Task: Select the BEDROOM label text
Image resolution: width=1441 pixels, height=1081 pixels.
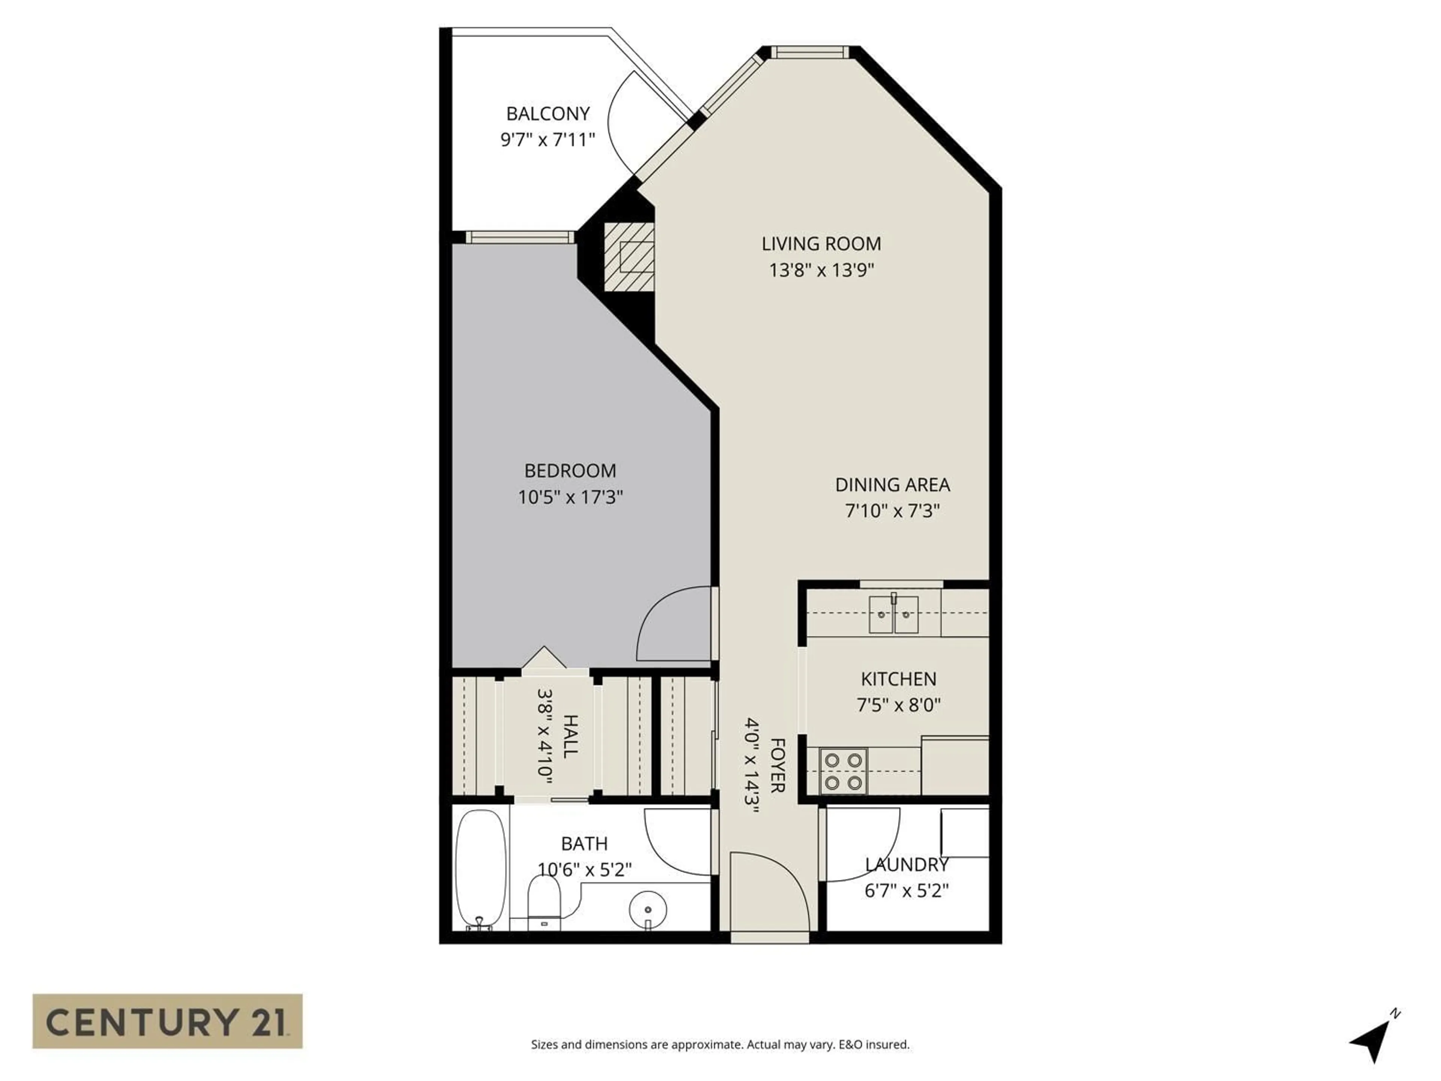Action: click(570, 470)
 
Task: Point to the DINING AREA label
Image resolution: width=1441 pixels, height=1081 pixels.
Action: click(892, 485)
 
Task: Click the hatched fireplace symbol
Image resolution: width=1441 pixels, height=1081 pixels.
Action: click(629, 257)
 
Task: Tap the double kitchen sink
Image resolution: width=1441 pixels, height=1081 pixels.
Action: click(893, 614)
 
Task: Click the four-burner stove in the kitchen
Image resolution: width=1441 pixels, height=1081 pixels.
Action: click(844, 771)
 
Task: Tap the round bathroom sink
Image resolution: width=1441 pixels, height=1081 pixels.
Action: click(648, 909)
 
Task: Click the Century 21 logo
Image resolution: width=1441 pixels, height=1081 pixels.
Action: click(167, 1021)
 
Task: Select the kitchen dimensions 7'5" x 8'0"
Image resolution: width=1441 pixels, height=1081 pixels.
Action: click(898, 705)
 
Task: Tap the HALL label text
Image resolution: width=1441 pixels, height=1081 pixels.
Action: click(569, 736)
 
